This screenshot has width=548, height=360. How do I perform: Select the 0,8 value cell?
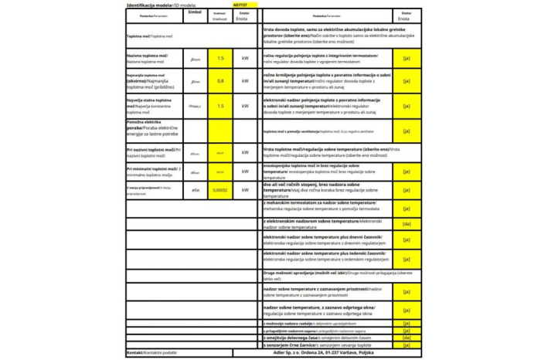point(220,81)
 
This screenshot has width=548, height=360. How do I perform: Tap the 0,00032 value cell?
point(220,189)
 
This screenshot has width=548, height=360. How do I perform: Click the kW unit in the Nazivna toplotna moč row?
point(245,58)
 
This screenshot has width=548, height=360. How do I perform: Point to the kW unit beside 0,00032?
point(245,189)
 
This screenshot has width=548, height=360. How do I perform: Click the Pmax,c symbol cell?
point(195,106)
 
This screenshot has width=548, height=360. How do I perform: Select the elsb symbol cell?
point(195,189)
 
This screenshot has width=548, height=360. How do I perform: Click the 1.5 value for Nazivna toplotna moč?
point(220,58)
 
